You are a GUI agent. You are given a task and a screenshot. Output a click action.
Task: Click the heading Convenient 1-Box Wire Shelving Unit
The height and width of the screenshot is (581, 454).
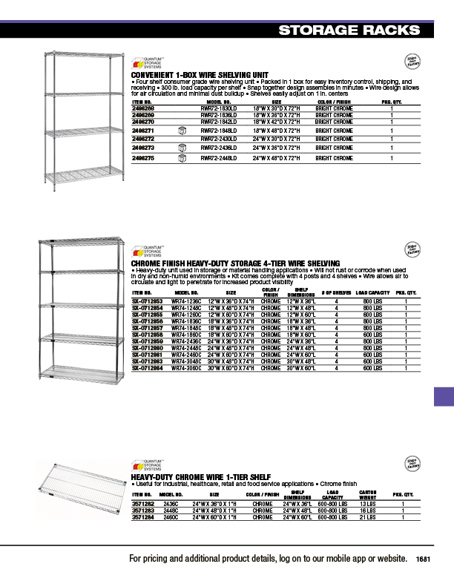pos(199,76)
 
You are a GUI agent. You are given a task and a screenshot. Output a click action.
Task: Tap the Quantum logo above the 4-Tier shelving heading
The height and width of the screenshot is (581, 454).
pos(147,252)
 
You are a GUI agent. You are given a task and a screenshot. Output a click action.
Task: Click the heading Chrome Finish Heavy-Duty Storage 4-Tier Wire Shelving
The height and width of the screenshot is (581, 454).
pos(235,263)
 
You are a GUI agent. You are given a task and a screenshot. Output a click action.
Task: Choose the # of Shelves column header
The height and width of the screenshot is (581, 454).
pos(316,294)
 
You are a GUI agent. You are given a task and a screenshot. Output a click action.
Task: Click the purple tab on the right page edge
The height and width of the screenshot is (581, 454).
pos(444,395)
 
